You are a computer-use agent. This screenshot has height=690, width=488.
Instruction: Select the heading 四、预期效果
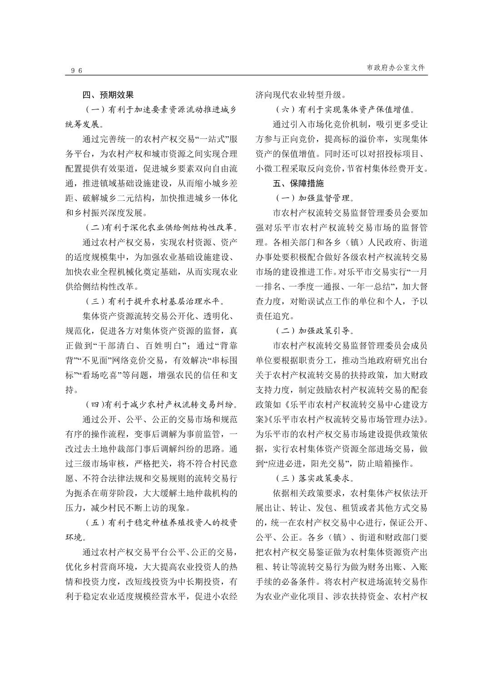[108, 95]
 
